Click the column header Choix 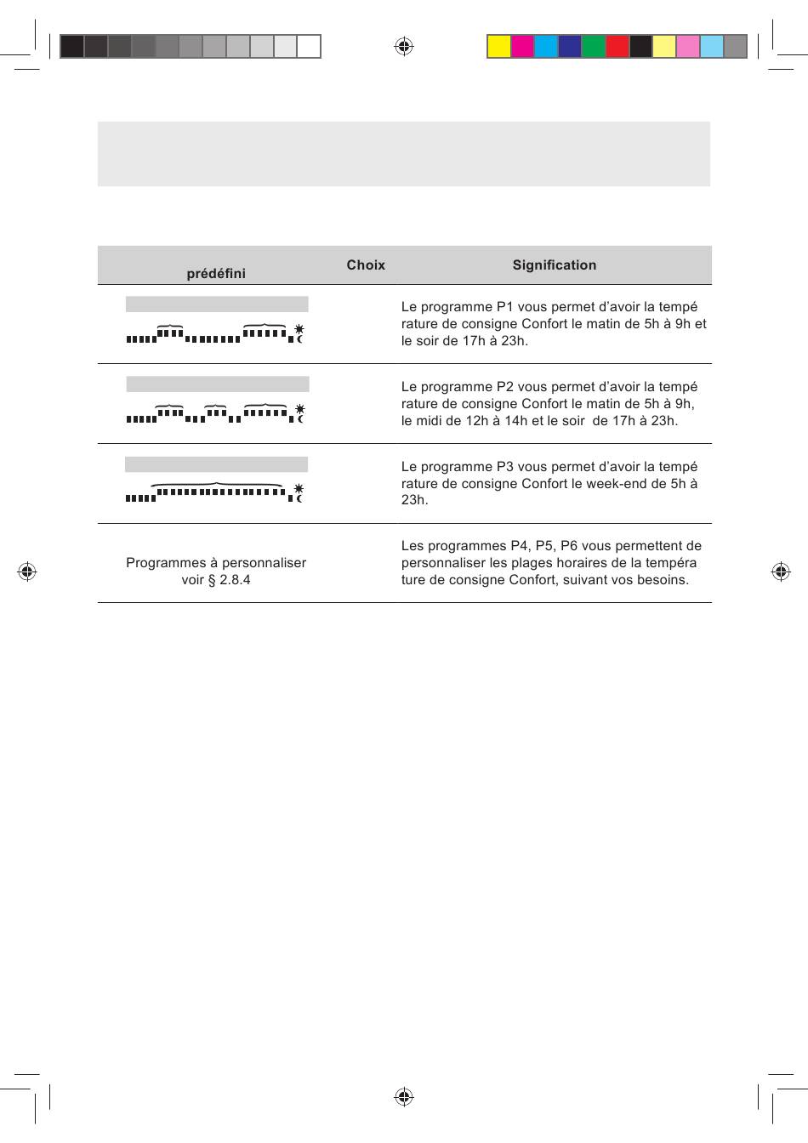tap(366, 265)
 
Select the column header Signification tap(554, 265)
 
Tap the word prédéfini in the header tap(216, 274)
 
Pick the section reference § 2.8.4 tap(229, 580)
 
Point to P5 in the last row tap(545, 546)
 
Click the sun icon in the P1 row tap(299, 328)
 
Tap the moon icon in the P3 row tap(299, 498)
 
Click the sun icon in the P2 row tap(299, 409)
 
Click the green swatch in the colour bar tap(594, 46)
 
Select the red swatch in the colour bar tap(617, 46)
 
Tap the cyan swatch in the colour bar tap(546, 46)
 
